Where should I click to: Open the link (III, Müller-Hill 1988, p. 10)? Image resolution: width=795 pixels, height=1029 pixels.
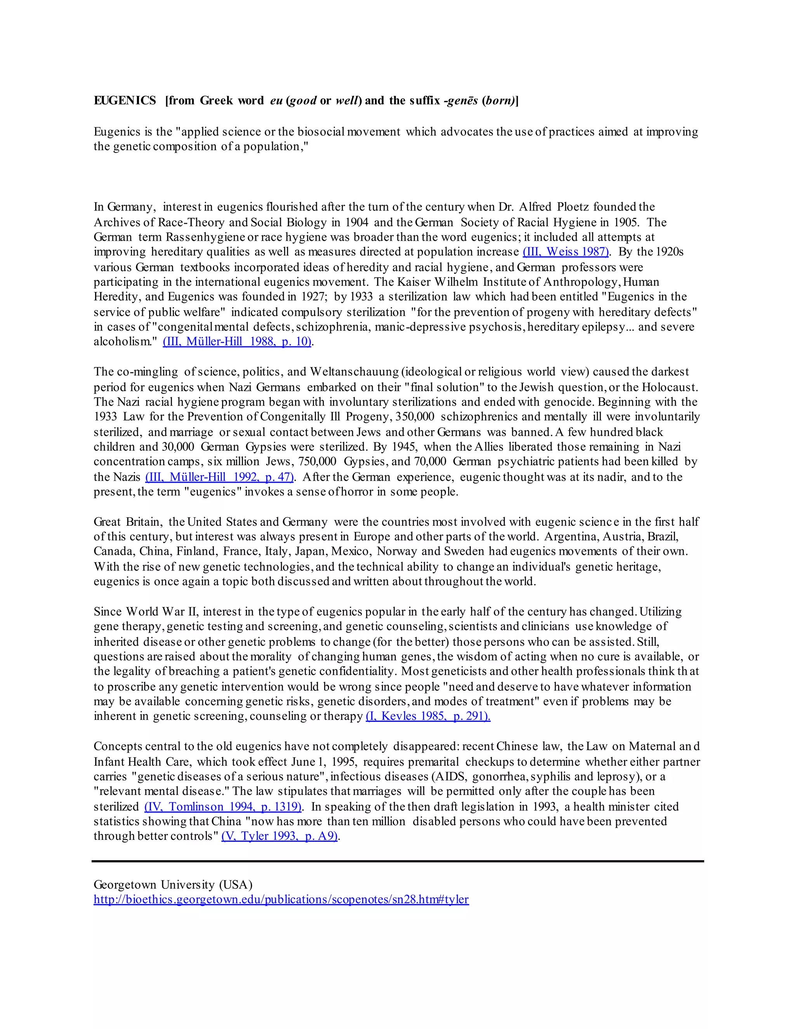[237, 342]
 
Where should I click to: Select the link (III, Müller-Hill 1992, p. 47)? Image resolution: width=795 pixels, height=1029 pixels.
[219, 477]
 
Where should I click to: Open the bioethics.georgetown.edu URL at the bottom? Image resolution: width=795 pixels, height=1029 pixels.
[281, 899]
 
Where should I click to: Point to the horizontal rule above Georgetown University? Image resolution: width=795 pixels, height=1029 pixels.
[397, 861]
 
